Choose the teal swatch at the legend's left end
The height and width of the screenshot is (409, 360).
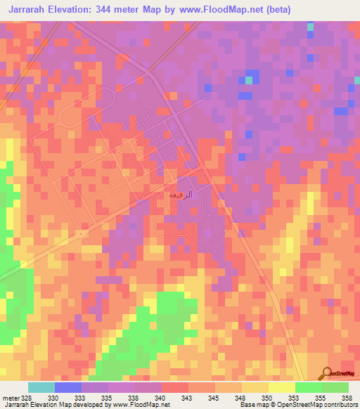41,387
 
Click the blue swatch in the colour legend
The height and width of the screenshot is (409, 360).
68,387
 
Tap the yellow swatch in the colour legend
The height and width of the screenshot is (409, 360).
281,387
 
